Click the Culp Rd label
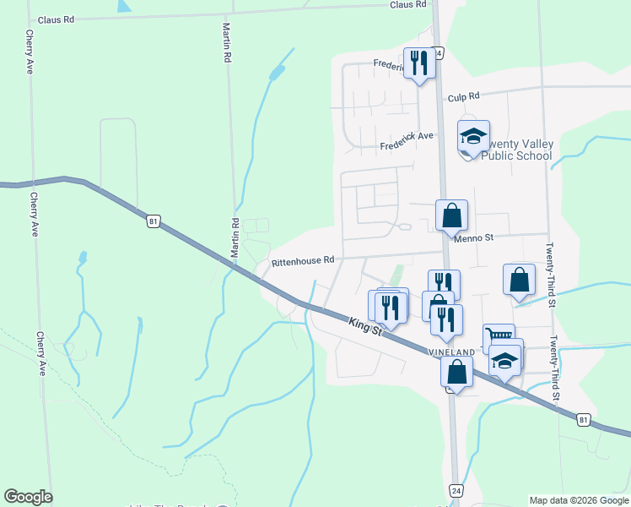(x=463, y=96)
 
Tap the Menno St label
(x=473, y=238)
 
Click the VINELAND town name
(x=450, y=351)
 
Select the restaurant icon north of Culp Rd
(x=419, y=63)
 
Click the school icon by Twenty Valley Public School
(x=473, y=135)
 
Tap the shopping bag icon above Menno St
(x=451, y=215)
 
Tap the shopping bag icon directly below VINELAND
(x=456, y=371)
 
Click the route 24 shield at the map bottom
(x=456, y=490)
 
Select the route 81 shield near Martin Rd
(x=153, y=221)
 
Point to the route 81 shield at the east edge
(x=583, y=419)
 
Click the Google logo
(x=28, y=497)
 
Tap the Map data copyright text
(x=579, y=500)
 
